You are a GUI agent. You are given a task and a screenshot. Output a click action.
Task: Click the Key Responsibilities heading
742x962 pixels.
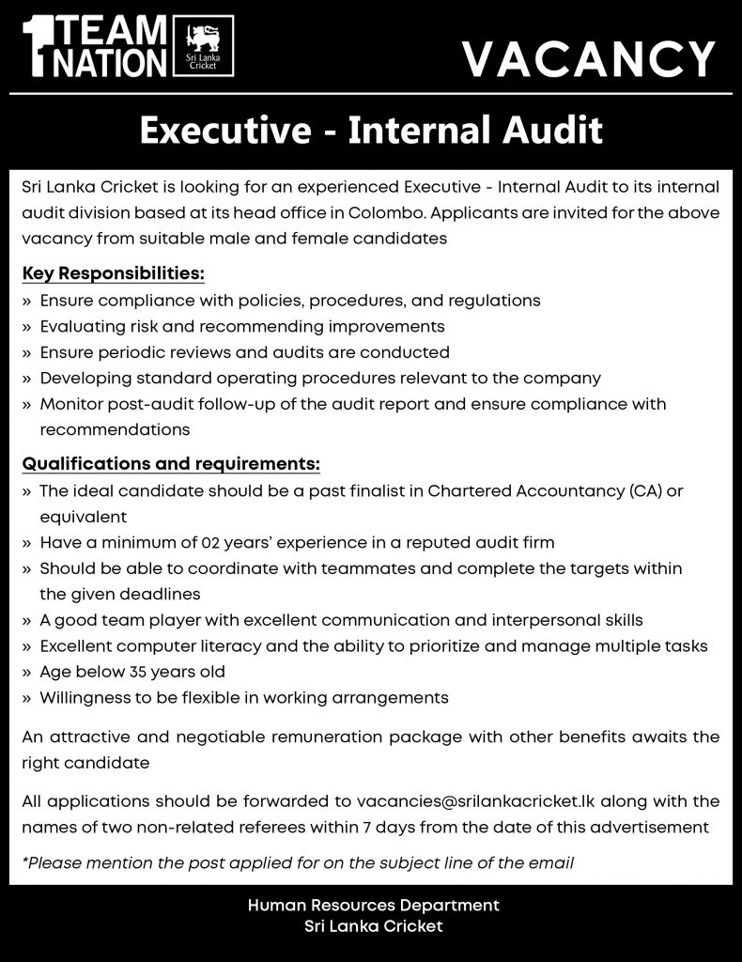[114, 274]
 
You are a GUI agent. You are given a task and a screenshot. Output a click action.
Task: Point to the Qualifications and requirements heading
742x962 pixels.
[171, 464]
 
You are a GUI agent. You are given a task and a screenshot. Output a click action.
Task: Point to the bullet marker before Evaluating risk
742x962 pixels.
[26, 327]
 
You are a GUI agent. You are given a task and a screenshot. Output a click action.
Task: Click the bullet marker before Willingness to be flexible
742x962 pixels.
[26, 698]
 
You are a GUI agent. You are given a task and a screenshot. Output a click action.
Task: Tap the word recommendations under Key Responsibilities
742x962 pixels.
[115, 430]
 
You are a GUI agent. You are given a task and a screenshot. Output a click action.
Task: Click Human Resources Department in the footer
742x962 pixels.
[373, 906]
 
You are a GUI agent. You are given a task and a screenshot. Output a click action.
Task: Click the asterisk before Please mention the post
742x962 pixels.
[24, 861]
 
